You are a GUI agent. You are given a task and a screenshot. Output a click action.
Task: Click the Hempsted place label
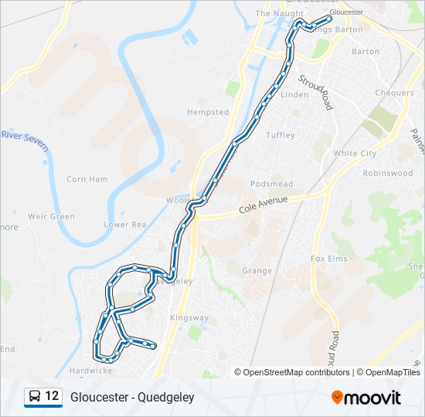point(208,112)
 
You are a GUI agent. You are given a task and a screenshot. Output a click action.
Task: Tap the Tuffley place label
point(280,135)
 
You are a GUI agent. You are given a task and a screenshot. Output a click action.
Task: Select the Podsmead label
point(271,184)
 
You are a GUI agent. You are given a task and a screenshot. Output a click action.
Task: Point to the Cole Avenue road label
point(263,203)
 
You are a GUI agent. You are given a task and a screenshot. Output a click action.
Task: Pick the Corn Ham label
point(87,179)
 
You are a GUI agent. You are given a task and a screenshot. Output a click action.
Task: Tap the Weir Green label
point(52,217)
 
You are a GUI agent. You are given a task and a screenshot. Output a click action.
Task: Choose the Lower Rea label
point(125,225)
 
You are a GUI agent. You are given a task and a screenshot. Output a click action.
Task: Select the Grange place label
point(257,271)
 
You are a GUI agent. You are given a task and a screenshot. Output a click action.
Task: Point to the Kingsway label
point(189,317)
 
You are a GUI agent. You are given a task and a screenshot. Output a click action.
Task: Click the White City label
point(355,154)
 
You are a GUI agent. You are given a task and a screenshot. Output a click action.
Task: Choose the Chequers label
point(394,93)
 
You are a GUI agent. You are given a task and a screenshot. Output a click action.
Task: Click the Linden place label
point(294,95)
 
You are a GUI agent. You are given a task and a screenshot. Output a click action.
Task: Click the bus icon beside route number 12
point(34,397)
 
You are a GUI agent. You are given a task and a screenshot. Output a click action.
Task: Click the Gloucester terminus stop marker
point(318,19)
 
